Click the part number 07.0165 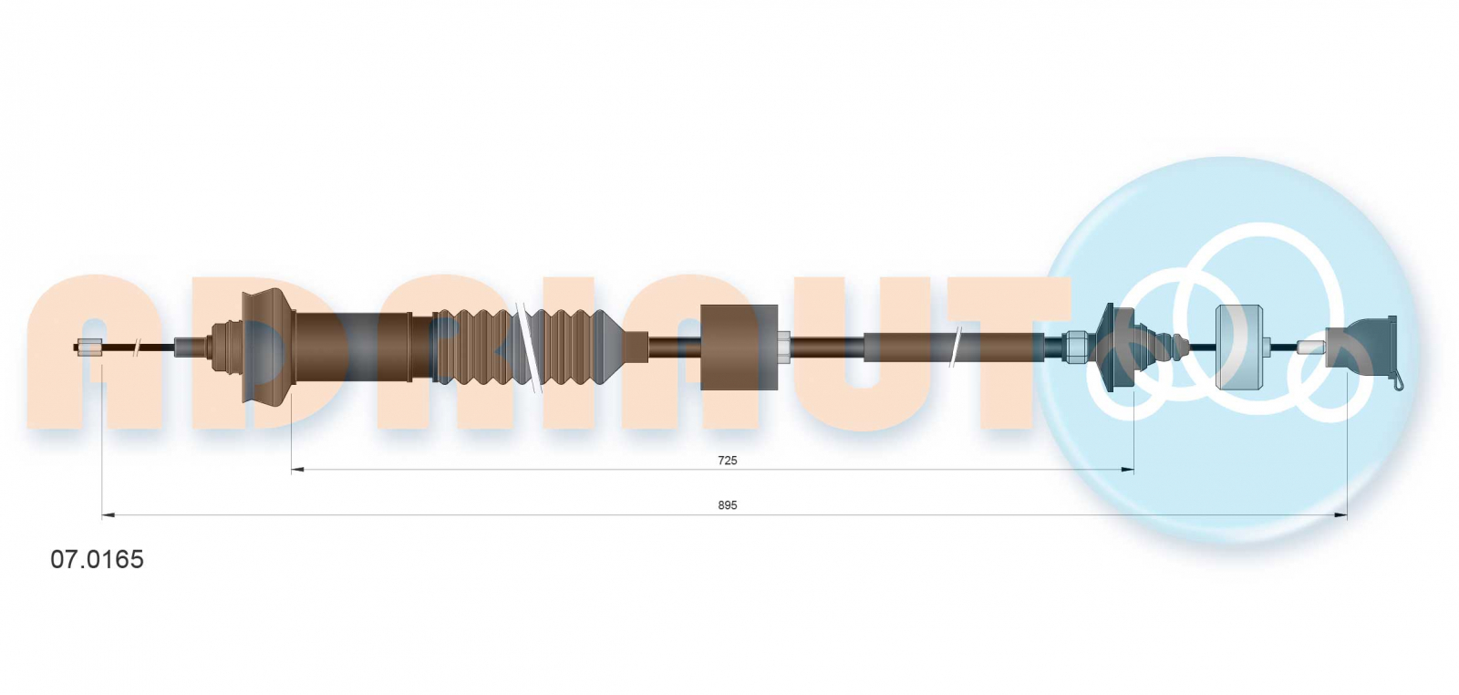[x=97, y=559]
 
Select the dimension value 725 [x=727, y=461]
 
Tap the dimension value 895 [x=727, y=505]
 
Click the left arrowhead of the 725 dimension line [x=297, y=470]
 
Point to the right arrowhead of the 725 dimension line [x=1127, y=470]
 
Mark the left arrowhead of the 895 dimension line [x=109, y=515]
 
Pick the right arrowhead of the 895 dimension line [x=1340, y=515]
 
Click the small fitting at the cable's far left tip [x=88, y=347]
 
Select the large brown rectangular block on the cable [x=739, y=347]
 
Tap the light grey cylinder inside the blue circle [x=1239, y=347]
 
